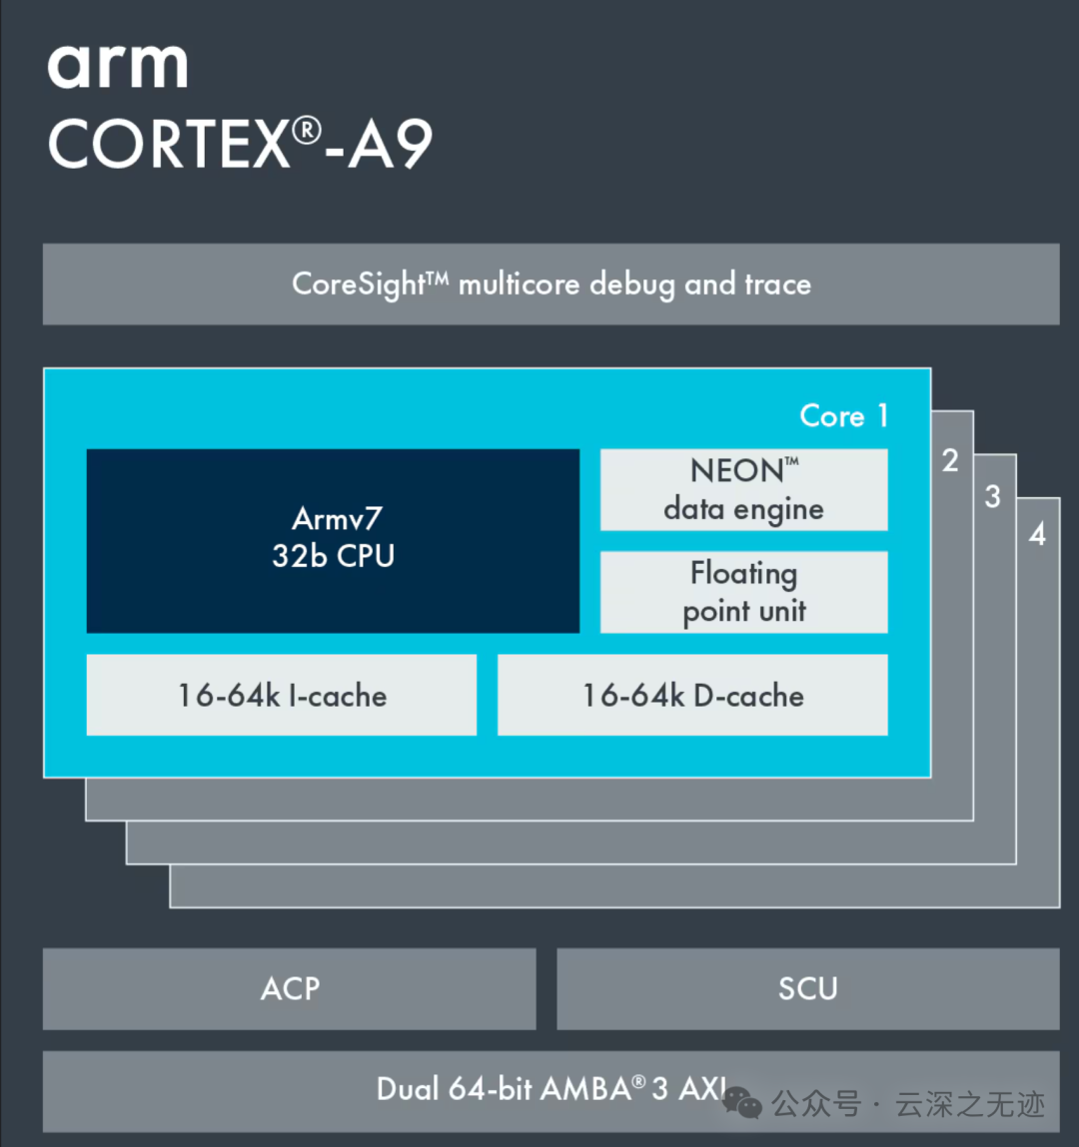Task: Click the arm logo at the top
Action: pos(117,66)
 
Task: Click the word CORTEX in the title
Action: pos(169,146)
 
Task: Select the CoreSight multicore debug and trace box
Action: pos(550,285)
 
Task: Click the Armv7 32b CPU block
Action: pos(333,540)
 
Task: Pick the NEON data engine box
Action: pos(743,489)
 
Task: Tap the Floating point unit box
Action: pos(743,592)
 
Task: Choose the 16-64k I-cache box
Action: pos(282,696)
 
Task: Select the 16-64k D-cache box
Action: pos(692,696)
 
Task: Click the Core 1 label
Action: pos(843,415)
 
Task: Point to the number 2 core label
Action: pos(950,460)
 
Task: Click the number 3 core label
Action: pos(992,496)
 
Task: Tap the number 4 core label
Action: pos(1037,534)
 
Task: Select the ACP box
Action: pos(290,988)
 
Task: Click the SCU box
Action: pos(807,988)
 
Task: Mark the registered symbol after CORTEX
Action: pos(308,130)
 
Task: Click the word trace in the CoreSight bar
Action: pos(777,285)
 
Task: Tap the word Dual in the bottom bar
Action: pos(408,1088)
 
